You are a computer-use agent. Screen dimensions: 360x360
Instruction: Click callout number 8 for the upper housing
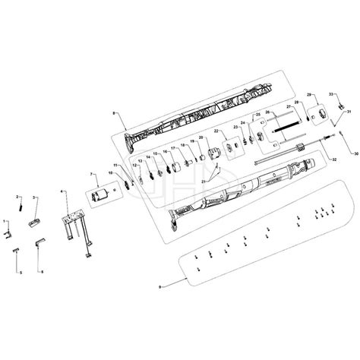click(113, 113)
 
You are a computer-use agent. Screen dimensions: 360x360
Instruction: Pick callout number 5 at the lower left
click(21, 271)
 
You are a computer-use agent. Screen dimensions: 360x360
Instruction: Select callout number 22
click(217, 131)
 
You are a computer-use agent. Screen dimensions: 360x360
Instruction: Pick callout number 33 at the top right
click(330, 92)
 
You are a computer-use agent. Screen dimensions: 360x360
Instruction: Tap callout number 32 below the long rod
click(333, 159)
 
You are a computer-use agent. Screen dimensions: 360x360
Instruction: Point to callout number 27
click(288, 108)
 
